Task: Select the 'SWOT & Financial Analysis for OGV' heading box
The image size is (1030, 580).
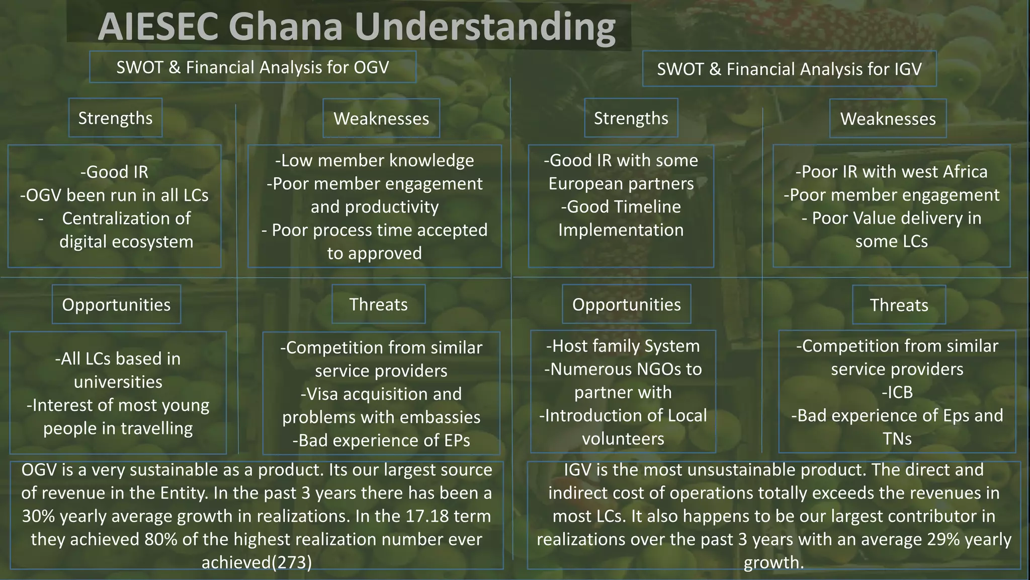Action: pos(252,67)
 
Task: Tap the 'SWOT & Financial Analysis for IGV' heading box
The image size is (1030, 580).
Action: pos(789,69)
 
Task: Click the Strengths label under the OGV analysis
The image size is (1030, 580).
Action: pos(115,118)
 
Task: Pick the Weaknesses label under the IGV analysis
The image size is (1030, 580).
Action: pos(888,119)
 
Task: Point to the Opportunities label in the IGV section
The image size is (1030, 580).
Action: pos(626,305)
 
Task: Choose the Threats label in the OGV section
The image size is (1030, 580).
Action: pos(378,305)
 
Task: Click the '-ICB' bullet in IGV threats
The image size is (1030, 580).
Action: pos(897,392)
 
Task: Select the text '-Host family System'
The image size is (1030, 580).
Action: pos(623,346)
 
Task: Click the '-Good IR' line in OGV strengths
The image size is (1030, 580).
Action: pos(114,172)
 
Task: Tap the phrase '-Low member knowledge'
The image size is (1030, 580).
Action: pos(374,161)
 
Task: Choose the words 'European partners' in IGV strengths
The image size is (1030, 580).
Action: pos(621,184)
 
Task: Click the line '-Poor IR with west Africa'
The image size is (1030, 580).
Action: pos(891,172)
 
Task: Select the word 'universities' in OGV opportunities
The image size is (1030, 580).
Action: pos(118,382)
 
